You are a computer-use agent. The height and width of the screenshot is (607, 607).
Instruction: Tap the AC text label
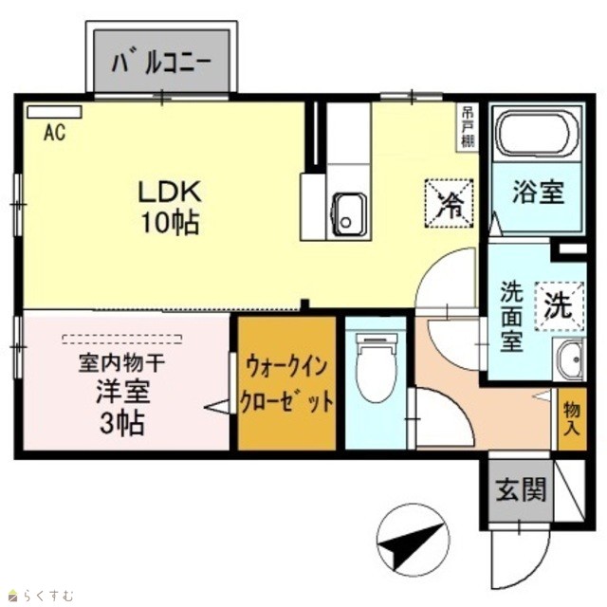(55, 133)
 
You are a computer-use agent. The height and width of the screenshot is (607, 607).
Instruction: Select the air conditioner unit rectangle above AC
(54, 112)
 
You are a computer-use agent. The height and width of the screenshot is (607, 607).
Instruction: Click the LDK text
(170, 191)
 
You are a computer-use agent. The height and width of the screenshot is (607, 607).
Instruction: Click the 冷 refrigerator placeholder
(449, 203)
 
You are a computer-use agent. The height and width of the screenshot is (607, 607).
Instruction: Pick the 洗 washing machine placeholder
(559, 306)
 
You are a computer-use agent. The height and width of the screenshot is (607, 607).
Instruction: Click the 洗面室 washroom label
(511, 316)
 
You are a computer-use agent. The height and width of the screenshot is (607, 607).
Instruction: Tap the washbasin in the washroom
(569, 359)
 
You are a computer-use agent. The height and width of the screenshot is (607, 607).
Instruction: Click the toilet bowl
(376, 369)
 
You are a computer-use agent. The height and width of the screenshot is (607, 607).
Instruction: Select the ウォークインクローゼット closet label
(286, 385)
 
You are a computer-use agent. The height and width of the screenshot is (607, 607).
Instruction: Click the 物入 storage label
(572, 418)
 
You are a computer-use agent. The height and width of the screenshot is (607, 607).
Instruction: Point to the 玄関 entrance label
(521, 489)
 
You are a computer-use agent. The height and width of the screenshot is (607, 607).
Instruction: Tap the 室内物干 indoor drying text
(122, 363)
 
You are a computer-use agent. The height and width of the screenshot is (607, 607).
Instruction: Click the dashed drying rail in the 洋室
(122, 340)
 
